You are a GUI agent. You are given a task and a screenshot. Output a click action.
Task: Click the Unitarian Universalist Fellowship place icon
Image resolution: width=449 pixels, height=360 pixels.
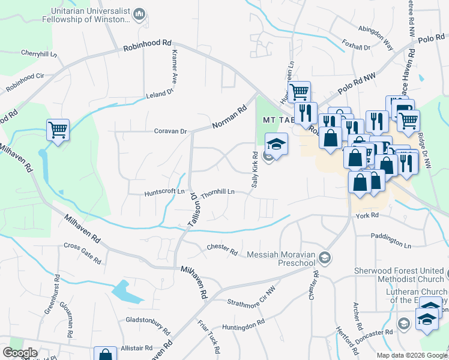pyautogui.click(x=140, y=14)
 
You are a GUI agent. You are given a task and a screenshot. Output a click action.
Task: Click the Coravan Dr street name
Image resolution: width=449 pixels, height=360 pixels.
pyautogui.click(x=170, y=131)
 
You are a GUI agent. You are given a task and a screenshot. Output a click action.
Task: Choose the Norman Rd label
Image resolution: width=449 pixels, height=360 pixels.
pyautogui.click(x=229, y=118)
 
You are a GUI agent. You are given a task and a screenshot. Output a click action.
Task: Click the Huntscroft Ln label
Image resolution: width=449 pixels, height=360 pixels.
pyautogui.click(x=164, y=193)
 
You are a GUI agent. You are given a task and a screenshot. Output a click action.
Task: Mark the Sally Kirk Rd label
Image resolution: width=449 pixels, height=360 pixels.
pyautogui.click(x=255, y=169)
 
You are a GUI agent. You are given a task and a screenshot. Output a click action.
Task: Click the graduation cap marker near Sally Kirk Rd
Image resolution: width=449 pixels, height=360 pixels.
pyautogui.click(x=276, y=144)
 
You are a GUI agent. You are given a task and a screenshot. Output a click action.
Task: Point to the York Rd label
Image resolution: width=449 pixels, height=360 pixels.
pyautogui.click(x=367, y=215)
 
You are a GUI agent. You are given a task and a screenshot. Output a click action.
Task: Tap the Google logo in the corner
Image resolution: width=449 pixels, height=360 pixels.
pyautogui.click(x=20, y=353)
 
